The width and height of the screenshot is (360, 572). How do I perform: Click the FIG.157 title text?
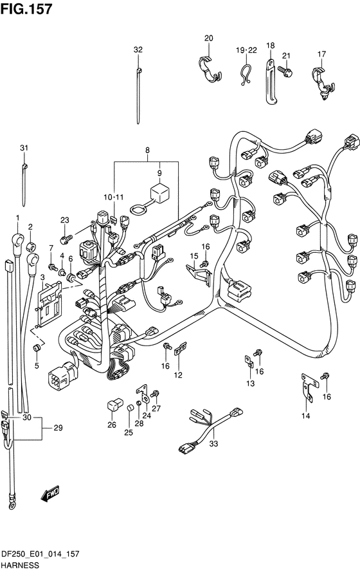click(26, 9)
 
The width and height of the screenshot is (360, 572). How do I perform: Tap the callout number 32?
click(138, 50)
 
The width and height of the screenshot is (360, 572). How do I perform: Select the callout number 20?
click(208, 38)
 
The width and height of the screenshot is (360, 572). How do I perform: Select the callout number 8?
click(147, 150)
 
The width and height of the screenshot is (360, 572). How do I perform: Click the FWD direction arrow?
click(50, 494)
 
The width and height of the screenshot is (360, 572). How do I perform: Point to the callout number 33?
click(213, 443)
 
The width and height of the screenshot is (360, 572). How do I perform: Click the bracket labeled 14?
click(309, 387)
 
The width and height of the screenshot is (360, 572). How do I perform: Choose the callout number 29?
click(59, 427)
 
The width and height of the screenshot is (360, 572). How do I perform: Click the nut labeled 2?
click(31, 244)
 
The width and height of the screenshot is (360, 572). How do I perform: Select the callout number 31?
click(24, 148)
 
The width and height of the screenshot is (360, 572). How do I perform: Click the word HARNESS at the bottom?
click(20, 566)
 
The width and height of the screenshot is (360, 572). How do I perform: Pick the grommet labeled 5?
click(37, 347)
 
